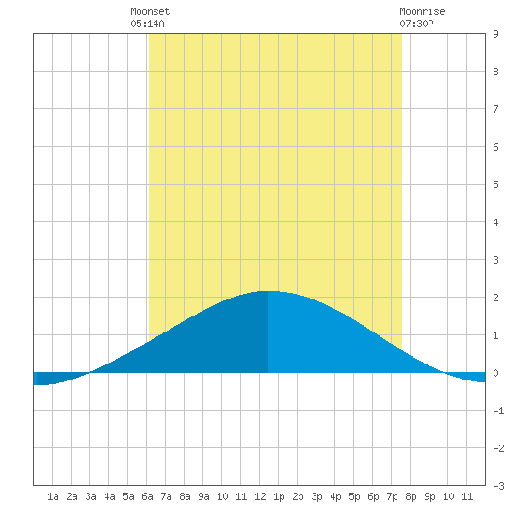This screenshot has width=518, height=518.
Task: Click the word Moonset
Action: (x=150, y=11)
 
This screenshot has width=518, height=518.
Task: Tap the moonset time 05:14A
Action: (x=147, y=24)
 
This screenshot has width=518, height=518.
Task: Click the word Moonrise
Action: (x=422, y=11)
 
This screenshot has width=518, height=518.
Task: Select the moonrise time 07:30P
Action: (x=416, y=24)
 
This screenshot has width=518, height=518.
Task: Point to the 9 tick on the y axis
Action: (x=495, y=34)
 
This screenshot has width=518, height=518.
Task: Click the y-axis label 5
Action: (x=495, y=185)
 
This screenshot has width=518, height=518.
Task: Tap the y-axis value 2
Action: (x=495, y=298)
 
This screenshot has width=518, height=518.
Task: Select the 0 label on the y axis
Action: (x=495, y=373)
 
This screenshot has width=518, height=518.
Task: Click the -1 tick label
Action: (x=498, y=411)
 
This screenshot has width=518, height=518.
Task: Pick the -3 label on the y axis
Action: (x=498, y=486)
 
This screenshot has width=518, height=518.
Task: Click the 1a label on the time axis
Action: (x=53, y=496)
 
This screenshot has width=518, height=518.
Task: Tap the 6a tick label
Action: (x=147, y=496)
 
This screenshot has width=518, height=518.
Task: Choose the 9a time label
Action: (x=203, y=496)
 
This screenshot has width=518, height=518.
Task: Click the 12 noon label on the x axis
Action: (x=260, y=496)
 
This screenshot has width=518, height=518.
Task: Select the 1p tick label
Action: (x=279, y=496)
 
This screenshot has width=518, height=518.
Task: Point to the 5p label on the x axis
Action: (x=354, y=496)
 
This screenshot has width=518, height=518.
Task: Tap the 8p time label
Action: (x=411, y=496)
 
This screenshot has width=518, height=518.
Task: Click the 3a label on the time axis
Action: (x=90, y=496)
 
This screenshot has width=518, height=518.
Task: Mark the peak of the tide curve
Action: (x=268, y=291)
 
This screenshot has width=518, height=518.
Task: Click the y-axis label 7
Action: (x=495, y=109)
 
